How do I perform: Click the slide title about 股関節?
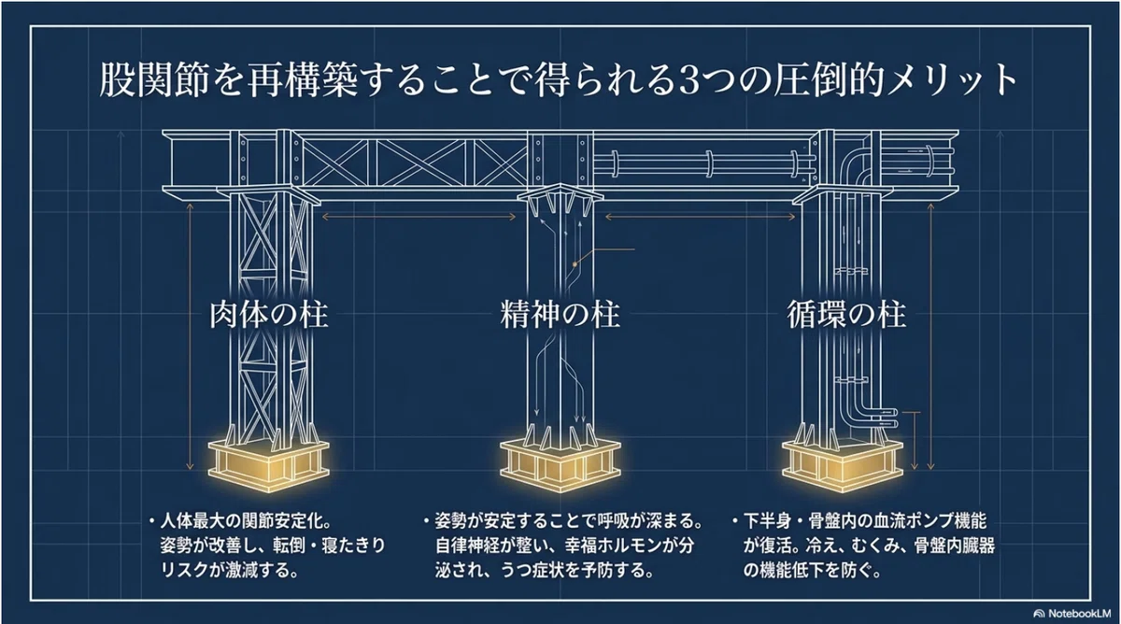558,80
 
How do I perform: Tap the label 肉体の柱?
269,315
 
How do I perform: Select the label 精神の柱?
560,315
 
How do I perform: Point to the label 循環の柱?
846,315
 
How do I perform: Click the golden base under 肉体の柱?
269,465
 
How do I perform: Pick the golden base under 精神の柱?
560,465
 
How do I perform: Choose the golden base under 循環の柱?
843,465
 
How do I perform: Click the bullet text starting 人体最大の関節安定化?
268,546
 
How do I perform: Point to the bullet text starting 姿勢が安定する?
563,546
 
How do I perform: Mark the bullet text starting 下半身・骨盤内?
864,546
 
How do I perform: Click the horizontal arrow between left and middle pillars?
419,217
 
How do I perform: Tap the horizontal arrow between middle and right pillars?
700,217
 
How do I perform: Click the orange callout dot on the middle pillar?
575,263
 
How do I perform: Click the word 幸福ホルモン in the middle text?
620,546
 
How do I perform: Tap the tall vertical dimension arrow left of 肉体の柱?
190,336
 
